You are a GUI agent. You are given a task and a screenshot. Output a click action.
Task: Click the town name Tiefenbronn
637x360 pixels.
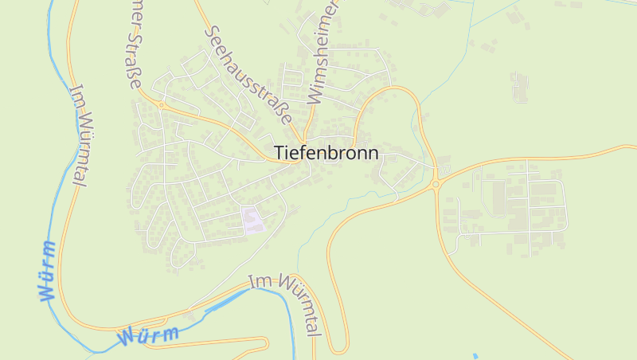click(x=326, y=152)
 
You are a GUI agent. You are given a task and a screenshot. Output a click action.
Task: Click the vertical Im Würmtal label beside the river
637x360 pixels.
click(x=78, y=135)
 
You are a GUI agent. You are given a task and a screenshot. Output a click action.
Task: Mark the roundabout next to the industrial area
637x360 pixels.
click(x=436, y=184)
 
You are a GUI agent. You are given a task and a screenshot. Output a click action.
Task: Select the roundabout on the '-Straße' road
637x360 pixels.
click(x=161, y=104)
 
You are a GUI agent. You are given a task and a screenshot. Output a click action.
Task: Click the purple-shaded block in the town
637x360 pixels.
click(x=252, y=220)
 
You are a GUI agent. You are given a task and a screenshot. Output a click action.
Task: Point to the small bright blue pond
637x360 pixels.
click(x=475, y=355)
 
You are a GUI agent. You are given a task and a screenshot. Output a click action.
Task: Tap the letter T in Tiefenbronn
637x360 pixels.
click(x=279, y=152)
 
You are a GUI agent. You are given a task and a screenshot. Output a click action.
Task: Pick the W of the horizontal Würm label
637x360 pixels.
click(x=128, y=338)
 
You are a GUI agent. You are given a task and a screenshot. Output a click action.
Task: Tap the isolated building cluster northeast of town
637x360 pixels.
click(x=520, y=86)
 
